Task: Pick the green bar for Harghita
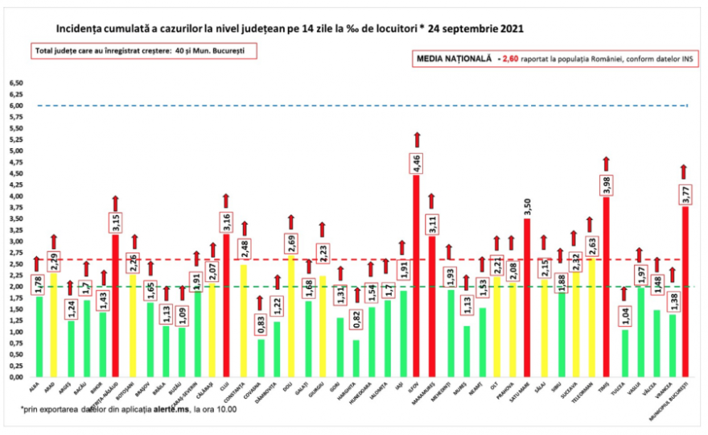click(356, 358)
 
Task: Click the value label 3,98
click(606, 184)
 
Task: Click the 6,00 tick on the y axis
click(16, 106)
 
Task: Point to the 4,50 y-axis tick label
click(16, 173)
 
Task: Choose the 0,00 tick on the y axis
click(16, 377)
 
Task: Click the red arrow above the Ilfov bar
click(417, 140)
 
